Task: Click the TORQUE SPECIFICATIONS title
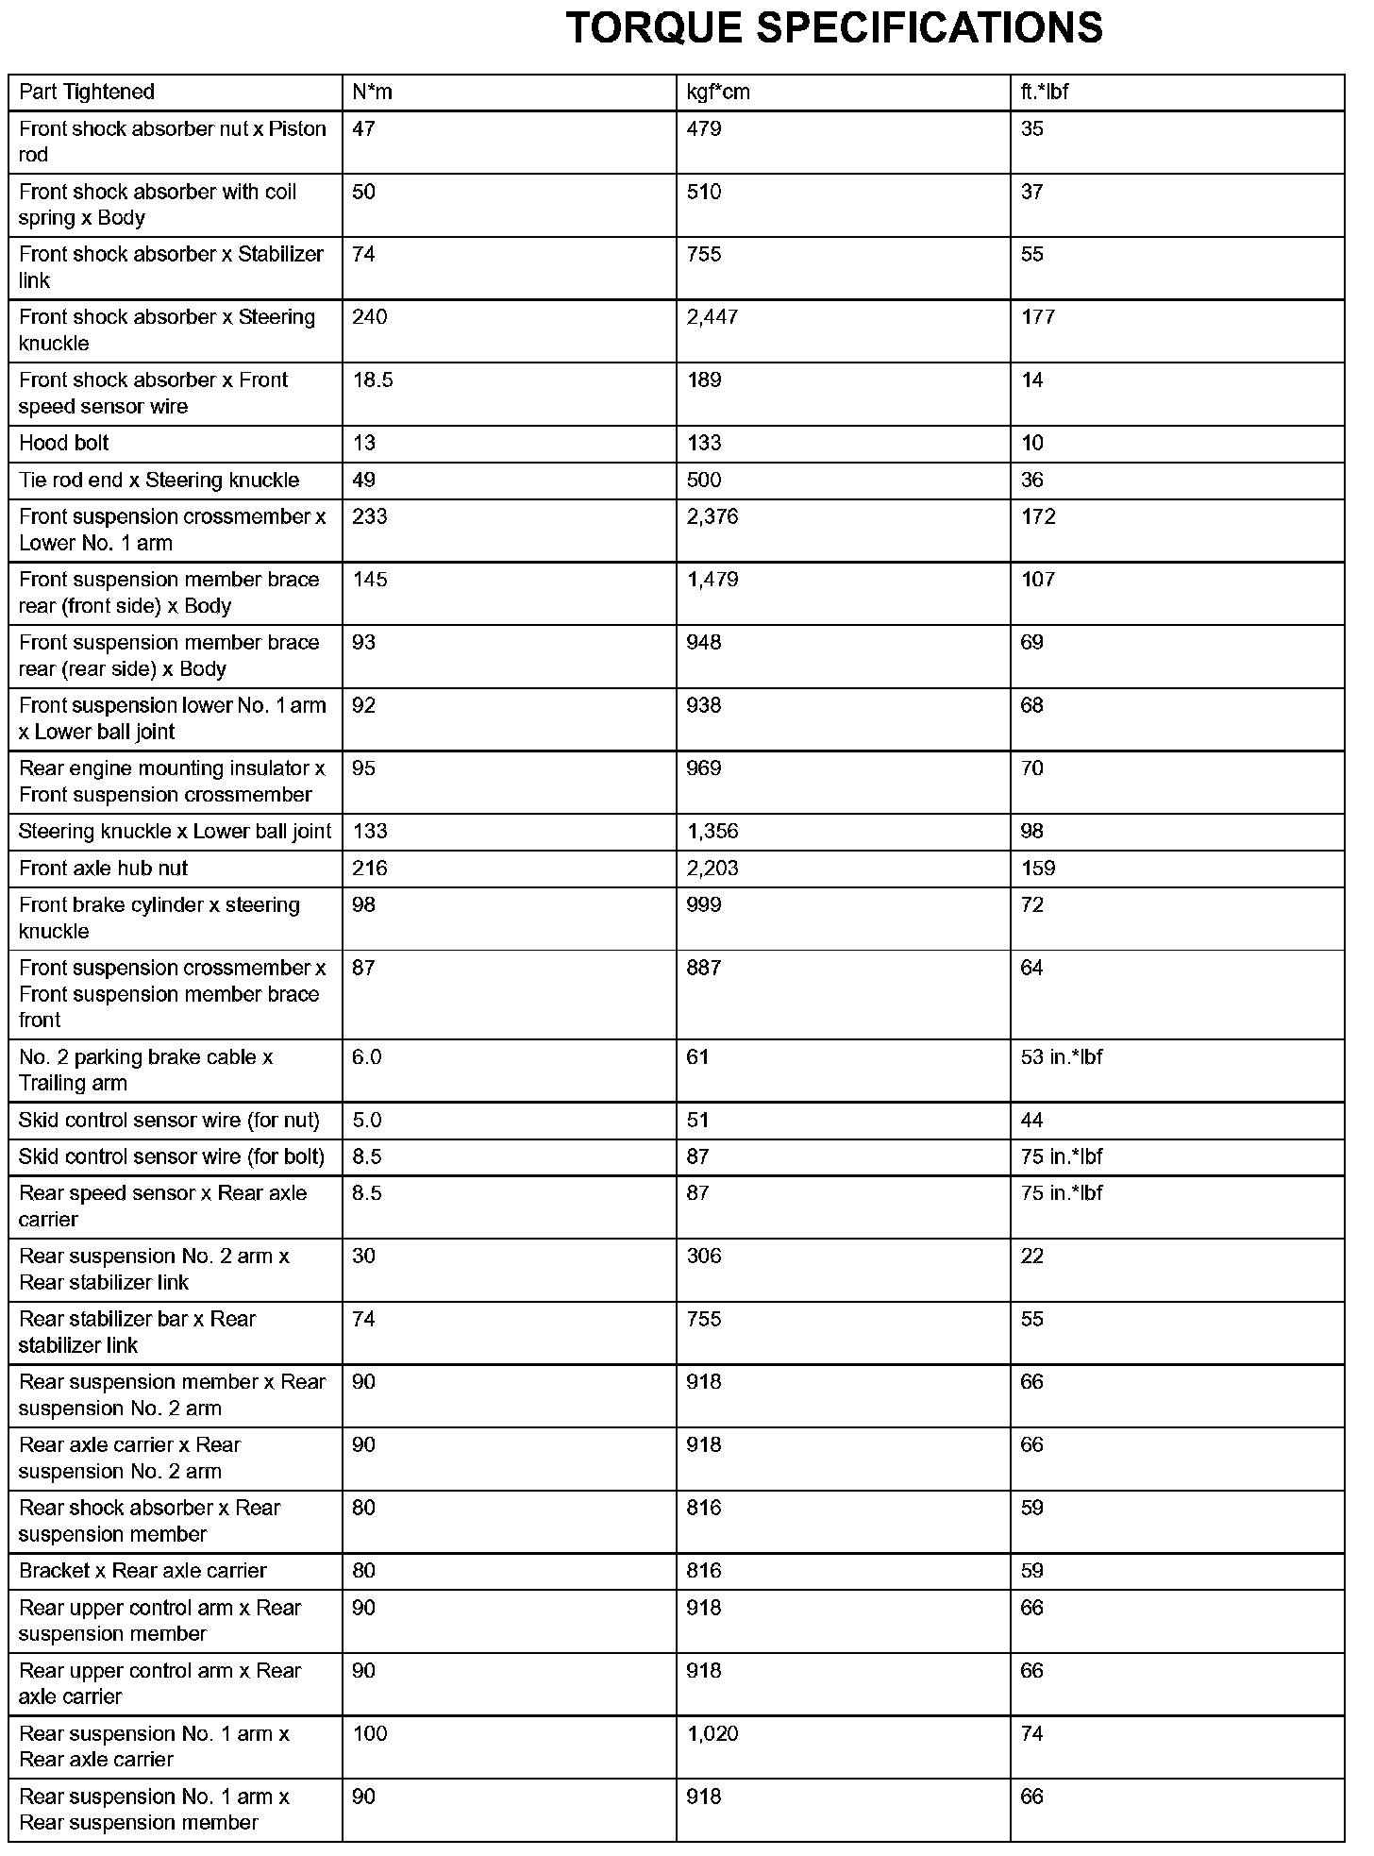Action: (834, 28)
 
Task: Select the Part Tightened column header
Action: (86, 92)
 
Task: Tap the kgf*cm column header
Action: (718, 92)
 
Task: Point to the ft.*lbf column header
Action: (1045, 92)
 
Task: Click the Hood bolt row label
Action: (64, 443)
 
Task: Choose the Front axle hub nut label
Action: (104, 868)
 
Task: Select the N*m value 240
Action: (370, 317)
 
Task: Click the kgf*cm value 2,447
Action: (712, 317)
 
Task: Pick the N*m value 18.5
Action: (373, 380)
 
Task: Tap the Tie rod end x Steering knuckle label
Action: (159, 480)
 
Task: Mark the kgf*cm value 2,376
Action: (712, 516)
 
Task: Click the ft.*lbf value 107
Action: (1038, 580)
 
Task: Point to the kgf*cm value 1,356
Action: (712, 831)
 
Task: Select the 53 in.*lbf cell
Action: (1062, 1057)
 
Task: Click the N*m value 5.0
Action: (367, 1120)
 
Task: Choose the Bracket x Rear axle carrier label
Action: (142, 1571)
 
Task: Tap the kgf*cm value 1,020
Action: (712, 1733)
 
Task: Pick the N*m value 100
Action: (370, 1733)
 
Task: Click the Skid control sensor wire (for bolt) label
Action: (172, 1156)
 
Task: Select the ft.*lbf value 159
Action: (1038, 868)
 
